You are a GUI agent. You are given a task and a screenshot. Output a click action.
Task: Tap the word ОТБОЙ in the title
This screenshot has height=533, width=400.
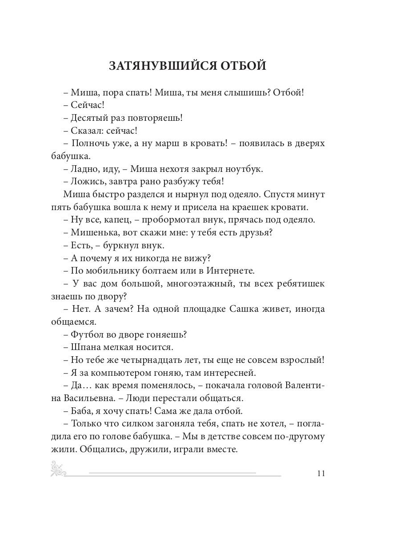242,65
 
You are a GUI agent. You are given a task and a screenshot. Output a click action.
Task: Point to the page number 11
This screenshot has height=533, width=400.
321,473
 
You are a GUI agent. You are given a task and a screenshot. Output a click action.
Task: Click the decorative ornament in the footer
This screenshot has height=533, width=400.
59,469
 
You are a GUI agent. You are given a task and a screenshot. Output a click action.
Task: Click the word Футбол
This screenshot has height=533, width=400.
85,334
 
